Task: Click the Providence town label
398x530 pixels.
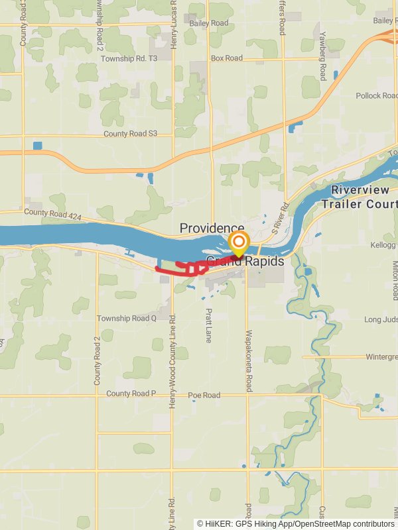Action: (212, 229)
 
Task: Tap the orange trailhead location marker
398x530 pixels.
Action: (238, 243)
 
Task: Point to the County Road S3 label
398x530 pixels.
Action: (130, 134)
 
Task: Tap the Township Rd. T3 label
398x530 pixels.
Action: (129, 58)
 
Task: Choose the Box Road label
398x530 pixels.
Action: (227, 58)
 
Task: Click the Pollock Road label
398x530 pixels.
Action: (376, 96)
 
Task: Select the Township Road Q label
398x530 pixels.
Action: (127, 318)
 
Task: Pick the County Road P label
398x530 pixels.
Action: (131, 394)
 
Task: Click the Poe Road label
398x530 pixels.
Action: (204, 396)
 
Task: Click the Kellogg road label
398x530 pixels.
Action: (383, 246)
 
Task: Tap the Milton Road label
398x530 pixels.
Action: (395, 279)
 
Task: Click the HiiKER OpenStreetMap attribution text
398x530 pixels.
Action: (296, 524)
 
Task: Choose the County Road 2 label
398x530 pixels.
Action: (97, 361)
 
